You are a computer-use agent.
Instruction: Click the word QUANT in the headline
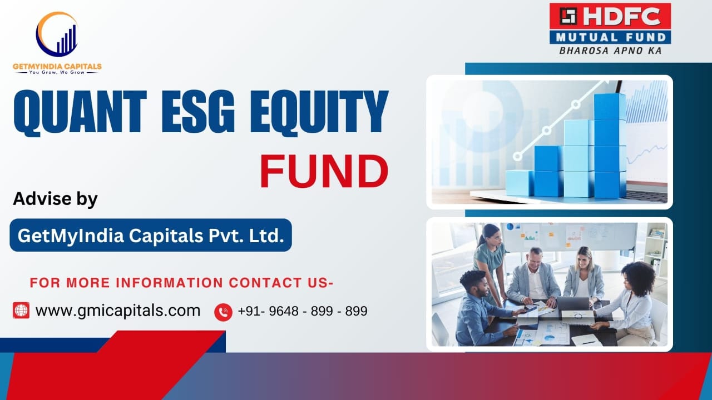[x=80, y=113]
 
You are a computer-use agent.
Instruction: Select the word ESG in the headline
[x=197, y=112]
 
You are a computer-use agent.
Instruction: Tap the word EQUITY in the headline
[x=319, y=112]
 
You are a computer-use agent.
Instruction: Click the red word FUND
[x=324, y=171]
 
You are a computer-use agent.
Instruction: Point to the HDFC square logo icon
[x=568, y=16]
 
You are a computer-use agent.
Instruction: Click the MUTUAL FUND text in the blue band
[x=611, y=37]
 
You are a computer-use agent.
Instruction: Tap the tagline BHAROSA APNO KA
[x=610, y=51]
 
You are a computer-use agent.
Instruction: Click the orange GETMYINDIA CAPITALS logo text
[x=57, y=66]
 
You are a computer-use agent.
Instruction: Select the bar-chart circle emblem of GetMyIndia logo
[x=57, y=34]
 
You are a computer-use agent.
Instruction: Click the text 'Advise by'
[x=55, y=199]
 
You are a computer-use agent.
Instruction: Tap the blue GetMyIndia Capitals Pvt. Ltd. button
[x=151, y=235]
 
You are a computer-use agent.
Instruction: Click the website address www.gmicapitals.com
[x=118, y=311]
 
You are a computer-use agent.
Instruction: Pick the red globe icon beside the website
[x=21, y=310]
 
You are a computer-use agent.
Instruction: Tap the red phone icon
[x=223, y=312]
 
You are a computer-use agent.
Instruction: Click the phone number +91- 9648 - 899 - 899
[x=303, y=311]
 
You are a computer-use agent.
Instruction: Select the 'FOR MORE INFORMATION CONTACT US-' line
[x=181, y=283]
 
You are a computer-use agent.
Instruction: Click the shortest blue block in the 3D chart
[x=520, y=183]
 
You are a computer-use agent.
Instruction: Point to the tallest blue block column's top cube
[x=610, y=106]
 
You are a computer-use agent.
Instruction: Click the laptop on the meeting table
[x=573, y=304]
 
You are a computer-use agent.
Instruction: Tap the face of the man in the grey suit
[x=536, y=258]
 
